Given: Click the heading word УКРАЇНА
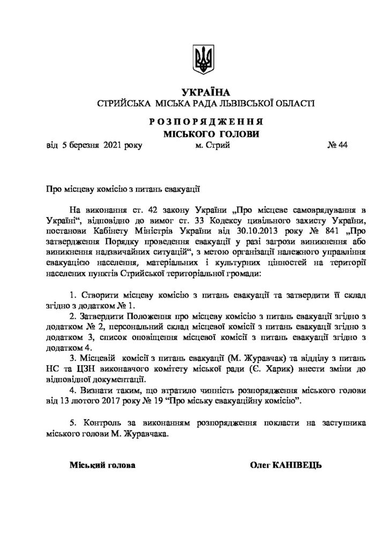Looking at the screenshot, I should pyautogui.click(x=204, y=92).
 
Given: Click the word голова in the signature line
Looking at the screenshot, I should pyautogui.click(x=121, y=464).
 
